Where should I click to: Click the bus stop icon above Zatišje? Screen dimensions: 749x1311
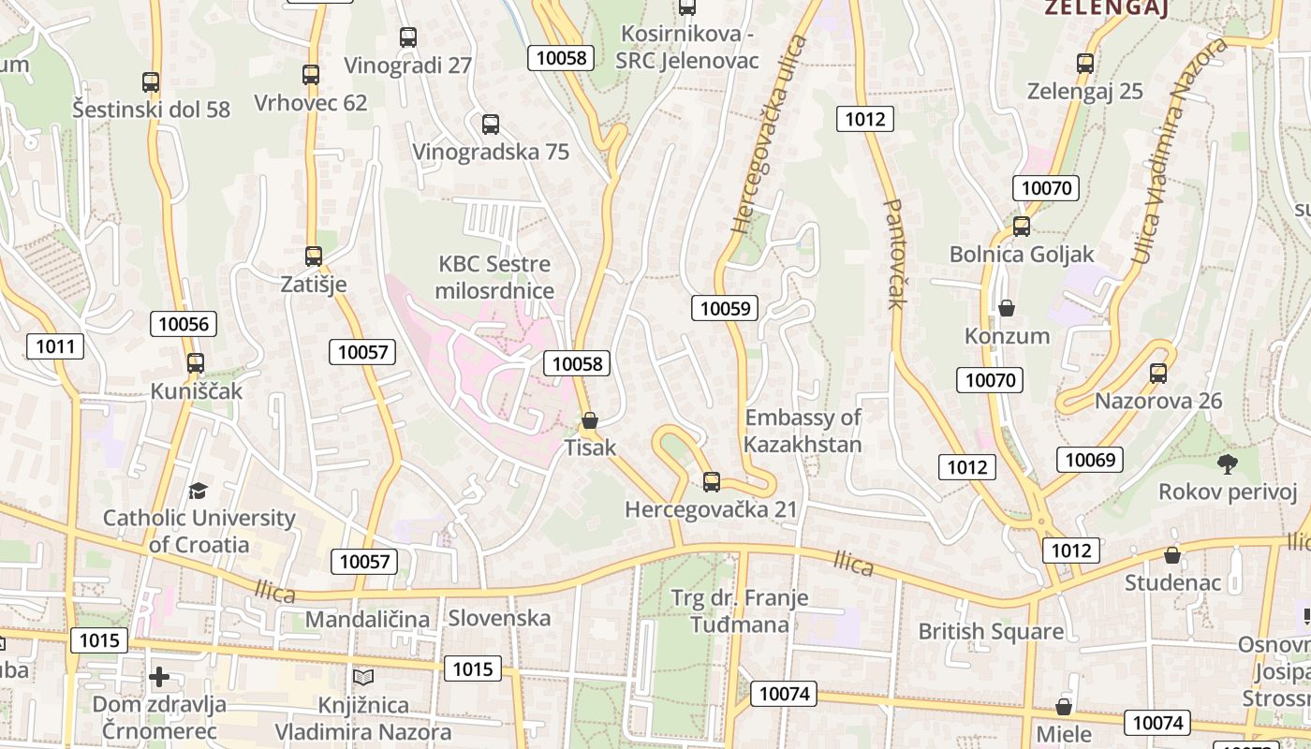tap(314, 256)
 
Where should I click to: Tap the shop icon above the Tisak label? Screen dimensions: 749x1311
tap(590, 420)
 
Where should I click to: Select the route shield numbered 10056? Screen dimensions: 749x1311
tap(184, 324)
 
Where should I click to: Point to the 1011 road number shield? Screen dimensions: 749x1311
tap(55, 346)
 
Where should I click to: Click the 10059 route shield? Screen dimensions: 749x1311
tap(725, 307)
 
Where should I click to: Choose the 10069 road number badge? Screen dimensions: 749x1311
tap(1090, 459)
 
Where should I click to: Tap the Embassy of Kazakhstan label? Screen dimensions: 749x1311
tap(803, 431)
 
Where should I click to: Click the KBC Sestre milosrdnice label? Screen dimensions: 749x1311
tap(494, 277)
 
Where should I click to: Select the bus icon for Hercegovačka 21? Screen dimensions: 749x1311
tap(712, 482)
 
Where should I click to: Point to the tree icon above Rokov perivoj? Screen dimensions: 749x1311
tap(1227, 463)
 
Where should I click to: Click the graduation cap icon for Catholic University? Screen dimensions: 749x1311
tap(198, 491)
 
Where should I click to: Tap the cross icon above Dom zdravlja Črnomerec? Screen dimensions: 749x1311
tap(159, 676)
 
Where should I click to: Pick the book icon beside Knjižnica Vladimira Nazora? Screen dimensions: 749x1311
tap(363, 676)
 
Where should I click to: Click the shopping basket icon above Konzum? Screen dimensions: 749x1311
tap(1007, 307)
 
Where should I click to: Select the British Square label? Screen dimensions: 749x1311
tap(991, 631)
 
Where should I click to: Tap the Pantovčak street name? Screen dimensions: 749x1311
tap(893, 253)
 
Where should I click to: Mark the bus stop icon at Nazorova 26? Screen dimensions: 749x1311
tap(1158, 373)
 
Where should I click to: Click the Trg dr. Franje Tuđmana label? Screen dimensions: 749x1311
tap(740, 610)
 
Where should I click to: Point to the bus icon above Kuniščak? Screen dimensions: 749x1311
tap(196, 363)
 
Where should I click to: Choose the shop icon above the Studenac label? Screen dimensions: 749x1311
tap(1172, 555)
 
